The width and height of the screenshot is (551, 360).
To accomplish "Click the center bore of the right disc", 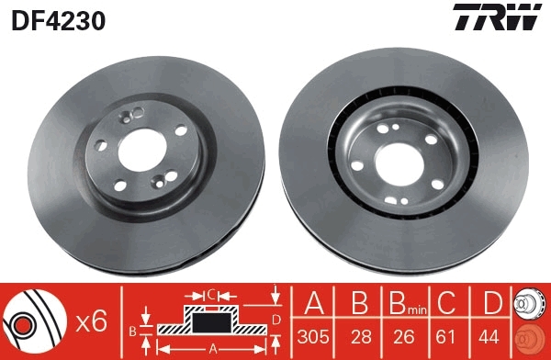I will (404, 154).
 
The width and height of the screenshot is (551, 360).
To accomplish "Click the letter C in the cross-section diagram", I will (210, 295).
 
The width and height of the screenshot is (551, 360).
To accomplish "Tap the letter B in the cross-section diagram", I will (132, 329).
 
